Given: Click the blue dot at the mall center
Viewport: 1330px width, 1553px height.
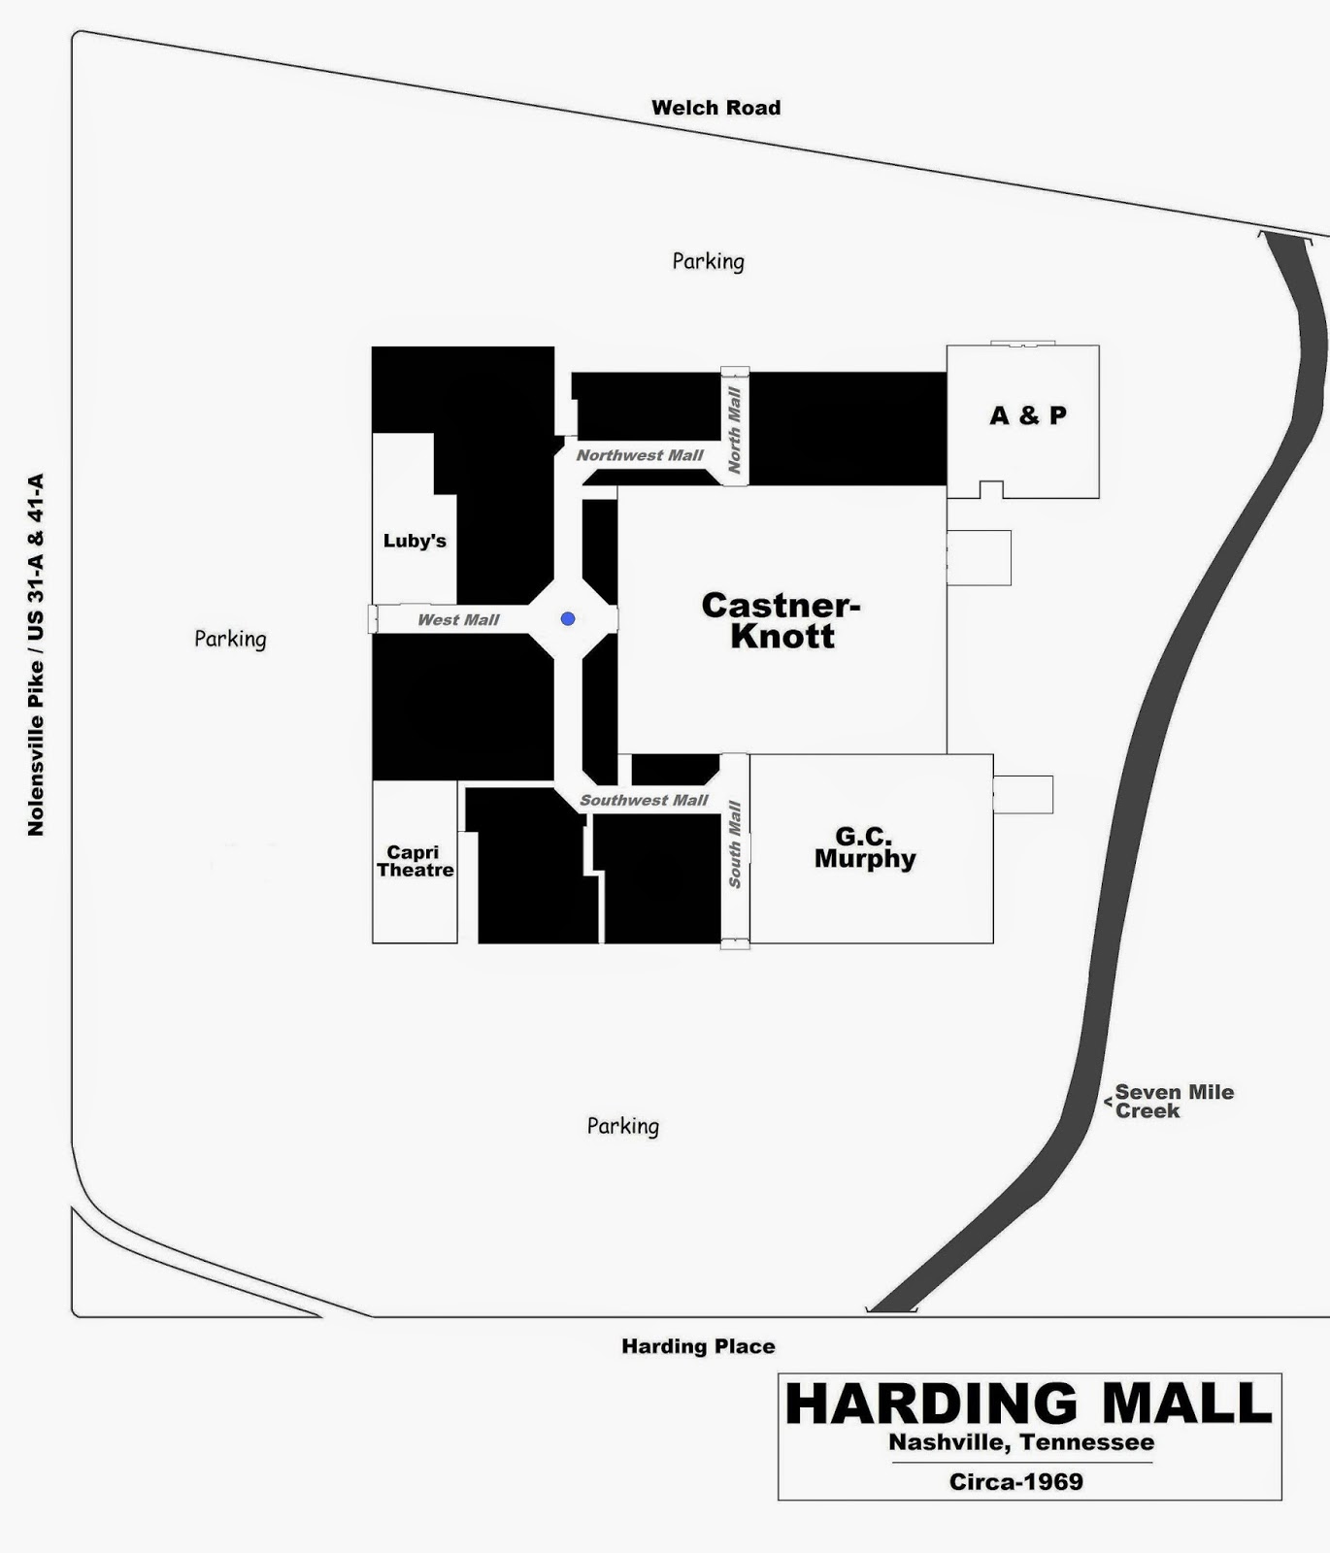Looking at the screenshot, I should click(568, 618).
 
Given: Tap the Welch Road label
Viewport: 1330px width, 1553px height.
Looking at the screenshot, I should click(715, 108).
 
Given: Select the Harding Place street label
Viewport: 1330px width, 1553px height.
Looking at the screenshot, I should click(698, 1346).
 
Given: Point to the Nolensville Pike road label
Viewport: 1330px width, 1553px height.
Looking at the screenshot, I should click(36, 654).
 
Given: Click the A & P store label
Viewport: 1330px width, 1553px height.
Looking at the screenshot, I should click(1027, 415).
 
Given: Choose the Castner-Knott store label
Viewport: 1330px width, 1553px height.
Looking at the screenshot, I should click(781, 620).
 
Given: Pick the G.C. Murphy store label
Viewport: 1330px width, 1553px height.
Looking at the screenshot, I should click(864, 847).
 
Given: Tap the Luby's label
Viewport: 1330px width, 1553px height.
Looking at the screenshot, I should click(415, 541).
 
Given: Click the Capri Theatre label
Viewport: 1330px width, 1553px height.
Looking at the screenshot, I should click(415, 861).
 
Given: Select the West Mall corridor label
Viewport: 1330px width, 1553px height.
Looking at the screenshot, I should click(458, 619).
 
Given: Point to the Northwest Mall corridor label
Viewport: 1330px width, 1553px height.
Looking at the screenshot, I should click(640, 455).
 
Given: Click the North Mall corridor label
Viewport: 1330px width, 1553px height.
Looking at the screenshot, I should click(735, 430).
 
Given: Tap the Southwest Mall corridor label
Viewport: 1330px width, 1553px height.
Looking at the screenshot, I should click(645, 800).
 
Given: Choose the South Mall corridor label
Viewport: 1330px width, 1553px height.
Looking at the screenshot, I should click(735, 843).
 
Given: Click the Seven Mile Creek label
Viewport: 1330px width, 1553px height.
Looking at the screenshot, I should click(1174, 1102).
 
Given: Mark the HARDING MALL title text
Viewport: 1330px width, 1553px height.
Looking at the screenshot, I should click(1027, 1404).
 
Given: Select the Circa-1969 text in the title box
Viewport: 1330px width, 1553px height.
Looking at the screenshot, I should click(1015, 1481).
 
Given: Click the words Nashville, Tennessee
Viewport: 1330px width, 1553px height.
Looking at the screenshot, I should click(1021, 1442).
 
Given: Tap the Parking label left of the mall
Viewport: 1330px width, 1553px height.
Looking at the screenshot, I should click(230, 639).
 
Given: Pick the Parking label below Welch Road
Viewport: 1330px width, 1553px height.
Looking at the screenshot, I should click(709, 261).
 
